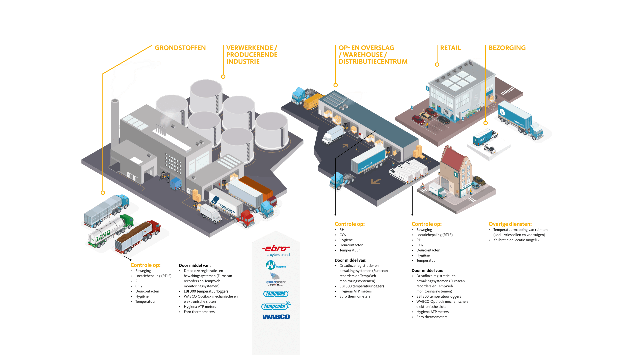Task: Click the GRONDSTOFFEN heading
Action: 180,48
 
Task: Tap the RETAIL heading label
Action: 450,48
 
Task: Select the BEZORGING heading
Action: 507,48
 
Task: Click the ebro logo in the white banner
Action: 276,249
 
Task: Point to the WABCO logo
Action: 276,317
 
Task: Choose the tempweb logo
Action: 276,294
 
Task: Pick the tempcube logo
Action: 275,306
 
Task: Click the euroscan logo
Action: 276,279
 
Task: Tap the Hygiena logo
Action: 276,265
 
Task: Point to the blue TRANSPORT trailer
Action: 368,160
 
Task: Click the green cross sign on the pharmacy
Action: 456,174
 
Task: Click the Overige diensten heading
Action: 510,224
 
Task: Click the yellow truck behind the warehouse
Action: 313,102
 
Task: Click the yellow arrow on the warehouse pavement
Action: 376,181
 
